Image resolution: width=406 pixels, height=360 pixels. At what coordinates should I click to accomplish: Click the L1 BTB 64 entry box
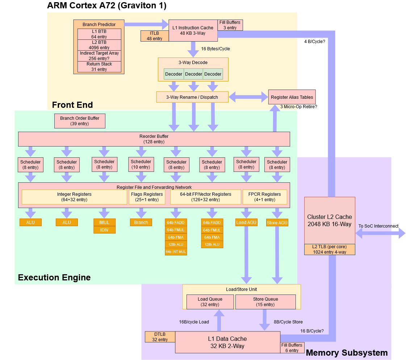[x=99, y=34]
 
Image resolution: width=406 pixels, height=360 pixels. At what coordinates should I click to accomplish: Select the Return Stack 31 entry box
[x=99, y=67]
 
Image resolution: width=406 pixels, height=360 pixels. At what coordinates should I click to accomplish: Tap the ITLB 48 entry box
[x=155, y=36]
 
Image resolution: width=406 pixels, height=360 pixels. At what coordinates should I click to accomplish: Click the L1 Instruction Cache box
[x=193, y=30]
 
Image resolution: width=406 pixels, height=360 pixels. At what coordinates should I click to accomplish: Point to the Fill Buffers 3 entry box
[x=230, y=25]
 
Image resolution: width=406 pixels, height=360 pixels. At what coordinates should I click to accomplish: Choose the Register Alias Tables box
[x=292, y=97]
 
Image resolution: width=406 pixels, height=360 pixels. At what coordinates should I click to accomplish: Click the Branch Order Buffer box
[x=80, y=121]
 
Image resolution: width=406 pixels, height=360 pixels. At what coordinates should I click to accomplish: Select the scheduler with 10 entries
[x=141, y=164]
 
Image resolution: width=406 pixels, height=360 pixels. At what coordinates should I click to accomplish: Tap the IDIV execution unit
[x=104, y=230]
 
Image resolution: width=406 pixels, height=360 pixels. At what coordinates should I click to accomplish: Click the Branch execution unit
[x=141, y=222]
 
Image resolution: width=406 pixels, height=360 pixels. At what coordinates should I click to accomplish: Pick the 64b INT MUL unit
[x=176, y=251]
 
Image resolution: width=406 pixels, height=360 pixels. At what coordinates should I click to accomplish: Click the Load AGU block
[x=246, y=222]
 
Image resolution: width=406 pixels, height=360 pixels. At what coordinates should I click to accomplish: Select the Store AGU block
[x=277, y=223]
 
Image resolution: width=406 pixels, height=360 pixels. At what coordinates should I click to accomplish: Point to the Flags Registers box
[x=147, y=197]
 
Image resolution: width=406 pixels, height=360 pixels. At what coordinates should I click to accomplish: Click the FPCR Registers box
[x=265, y=197]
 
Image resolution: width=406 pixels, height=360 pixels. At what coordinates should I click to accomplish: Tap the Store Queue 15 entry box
[x=265, y=302]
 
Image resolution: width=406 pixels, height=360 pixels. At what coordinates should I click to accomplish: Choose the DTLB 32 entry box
[x=160, y=337]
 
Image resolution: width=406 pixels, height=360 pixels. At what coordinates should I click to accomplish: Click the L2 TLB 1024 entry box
[x=330, y=249]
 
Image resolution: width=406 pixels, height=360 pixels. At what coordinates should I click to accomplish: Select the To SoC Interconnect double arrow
[x=380, y=234]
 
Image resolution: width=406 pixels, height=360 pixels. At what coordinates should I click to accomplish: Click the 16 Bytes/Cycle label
[x=215, y=49]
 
